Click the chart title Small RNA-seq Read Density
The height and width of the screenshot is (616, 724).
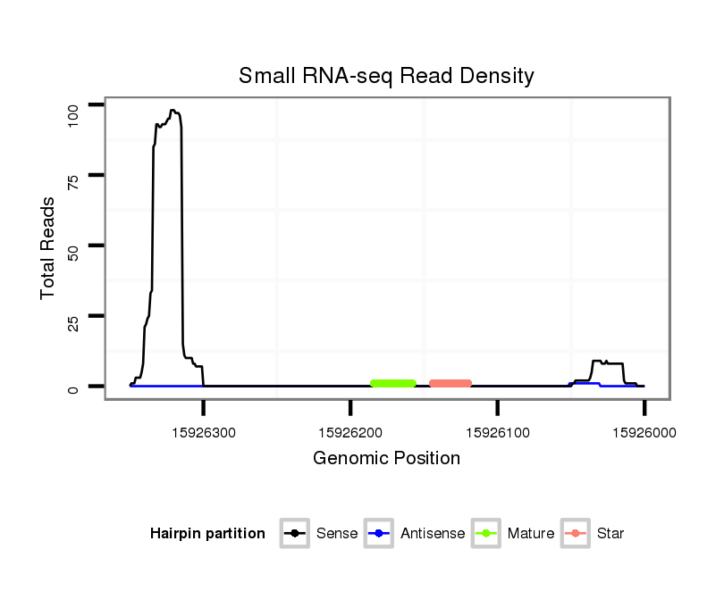[x=386, y=76]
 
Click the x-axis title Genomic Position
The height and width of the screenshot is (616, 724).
[x=386, y=459]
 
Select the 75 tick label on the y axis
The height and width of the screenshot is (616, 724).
[x=74, y=176]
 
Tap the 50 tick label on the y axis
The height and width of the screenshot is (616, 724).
[x=74, y=246]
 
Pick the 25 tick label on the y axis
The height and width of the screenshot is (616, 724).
[x=74, y=316]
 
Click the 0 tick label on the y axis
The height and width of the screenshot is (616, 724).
[x=74, y=387]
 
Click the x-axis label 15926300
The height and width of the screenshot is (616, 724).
[x=204, y=432]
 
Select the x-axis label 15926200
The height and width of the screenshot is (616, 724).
[x=350, y=432]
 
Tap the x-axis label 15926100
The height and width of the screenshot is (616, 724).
[x=497, y=432]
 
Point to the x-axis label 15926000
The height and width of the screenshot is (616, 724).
[x=644, y=432]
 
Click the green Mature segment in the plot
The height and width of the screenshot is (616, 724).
[x=393, y=383]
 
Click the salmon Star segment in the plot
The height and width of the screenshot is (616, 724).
[x=450, y=383]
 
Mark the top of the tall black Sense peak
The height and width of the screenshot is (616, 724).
[x=173, y=111]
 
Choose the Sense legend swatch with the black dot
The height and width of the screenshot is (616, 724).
[x=294, y=534]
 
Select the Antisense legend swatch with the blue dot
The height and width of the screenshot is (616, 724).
[x=379, y=534]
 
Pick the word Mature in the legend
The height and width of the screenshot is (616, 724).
[x=530, y=534]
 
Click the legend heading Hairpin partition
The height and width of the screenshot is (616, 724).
[x=207, y=534]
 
